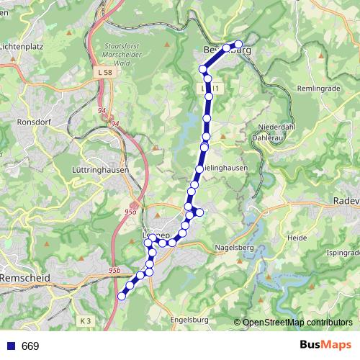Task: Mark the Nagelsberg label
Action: coord(235,248)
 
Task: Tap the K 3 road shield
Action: coord(86,320)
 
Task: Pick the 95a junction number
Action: coord(130,212)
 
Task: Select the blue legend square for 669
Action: coord(11,346)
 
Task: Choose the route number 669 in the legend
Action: coord(30,346)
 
